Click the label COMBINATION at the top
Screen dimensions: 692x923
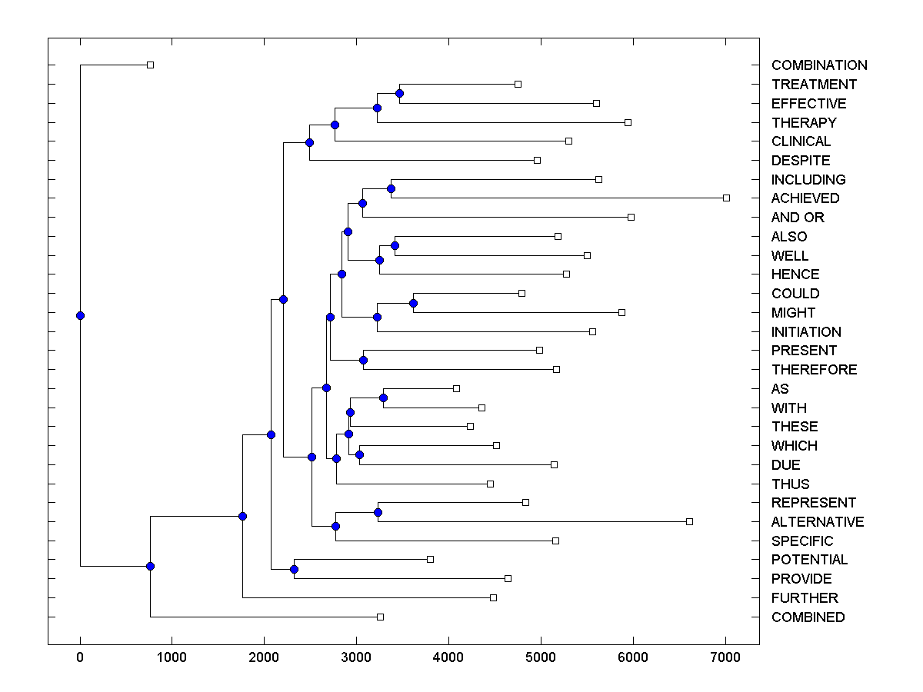pyautogui.click(x=819, y=65)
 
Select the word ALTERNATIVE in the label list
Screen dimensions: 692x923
pyautogui.click(x=818, y=522)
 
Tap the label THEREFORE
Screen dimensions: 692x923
pyautogui.click(x=814, y=370)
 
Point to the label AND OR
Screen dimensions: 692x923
pyautogui.click(x=798, y=218)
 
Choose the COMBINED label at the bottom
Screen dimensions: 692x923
pyautogui.click(x=808, y=617)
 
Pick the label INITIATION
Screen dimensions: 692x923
pyautogui.click(x=806, y=332)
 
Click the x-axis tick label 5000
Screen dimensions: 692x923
pyautogui.click(x=541, y=657)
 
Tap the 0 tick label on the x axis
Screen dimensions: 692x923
pyautogui.click(x=80, y=657)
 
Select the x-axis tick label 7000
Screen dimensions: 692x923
pyautogui.click(x=725, y=657)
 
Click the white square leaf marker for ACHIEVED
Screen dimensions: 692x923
pyautogui.click(x=726, y=198)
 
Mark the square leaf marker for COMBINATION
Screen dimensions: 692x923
pyautogui.click(x=151, y=65)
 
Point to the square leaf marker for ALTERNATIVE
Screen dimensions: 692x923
pyautogui.click(x=689, y=521)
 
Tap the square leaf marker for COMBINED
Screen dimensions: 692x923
pyautogui.click(x=380, y=617)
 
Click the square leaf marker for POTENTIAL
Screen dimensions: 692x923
pyautogui.click(x=430, y=559)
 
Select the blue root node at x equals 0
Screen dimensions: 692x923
pyautogui.click(x=80, y=315)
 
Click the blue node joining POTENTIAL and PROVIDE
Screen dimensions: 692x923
pyautogui.click(x=294, y=569)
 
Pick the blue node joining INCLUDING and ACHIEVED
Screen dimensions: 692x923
pyautogui.click(x=391, y=188)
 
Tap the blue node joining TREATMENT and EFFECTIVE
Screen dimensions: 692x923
pyautogui.click(x=399, y=93)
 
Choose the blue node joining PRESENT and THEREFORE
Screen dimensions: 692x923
pyautogui.click(x=364, y=360)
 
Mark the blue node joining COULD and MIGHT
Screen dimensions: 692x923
pyautogui.click(x=413, y=303)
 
